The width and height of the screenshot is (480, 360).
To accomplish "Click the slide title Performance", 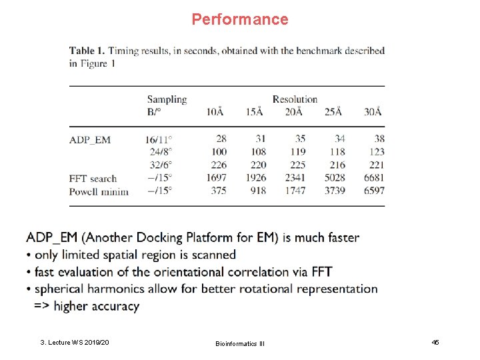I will click(240, 19).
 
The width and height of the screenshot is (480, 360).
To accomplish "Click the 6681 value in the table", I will click(373, 178).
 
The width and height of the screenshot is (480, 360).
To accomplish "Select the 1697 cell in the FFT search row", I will click(216, 178).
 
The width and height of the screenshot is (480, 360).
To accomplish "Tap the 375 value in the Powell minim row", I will click(219, 191).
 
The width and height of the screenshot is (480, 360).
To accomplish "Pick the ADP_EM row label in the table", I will click(90, 139).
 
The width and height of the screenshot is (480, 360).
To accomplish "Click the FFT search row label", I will click(93, 178).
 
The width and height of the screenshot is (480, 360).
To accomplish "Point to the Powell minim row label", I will click(99, 191).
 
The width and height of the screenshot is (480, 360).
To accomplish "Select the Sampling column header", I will click(167, 99).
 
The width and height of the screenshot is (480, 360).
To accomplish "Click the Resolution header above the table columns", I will click(295, 99).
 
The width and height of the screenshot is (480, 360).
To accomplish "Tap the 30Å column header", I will click(373, 111).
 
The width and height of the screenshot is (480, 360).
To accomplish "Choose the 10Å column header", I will click(215, 111).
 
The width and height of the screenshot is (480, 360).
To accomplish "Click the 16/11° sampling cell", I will click(157, 139).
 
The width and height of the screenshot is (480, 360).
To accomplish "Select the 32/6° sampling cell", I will click(160, 165).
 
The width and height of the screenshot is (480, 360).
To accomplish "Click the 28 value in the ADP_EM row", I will click(221, 139).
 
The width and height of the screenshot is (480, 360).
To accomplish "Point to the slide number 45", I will click(435, 342).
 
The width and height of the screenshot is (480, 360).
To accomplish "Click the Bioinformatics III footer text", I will click(240, 343).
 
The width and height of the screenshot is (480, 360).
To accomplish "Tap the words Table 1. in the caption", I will click(87, 51).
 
